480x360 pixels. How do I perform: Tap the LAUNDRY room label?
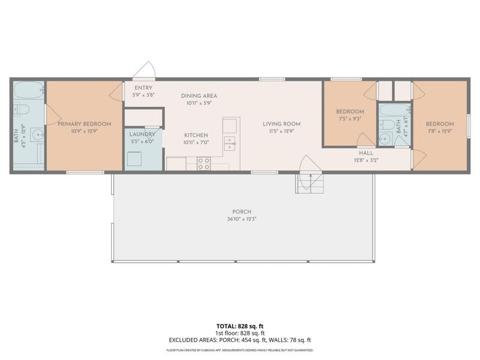click(143, 135)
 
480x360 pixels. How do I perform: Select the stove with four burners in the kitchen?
click(203, 163)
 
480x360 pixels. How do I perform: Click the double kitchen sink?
click(230, 143)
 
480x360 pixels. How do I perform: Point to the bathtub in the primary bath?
click(28, 91)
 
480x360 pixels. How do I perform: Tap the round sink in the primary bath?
click(37, 134)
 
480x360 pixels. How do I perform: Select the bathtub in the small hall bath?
click(394, 110)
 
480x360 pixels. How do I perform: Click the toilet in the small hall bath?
click(388, 125)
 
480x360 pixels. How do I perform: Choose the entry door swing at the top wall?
click(145, 70)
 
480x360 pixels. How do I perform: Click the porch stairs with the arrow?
click(310, 182)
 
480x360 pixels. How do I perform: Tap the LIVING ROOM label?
click(281, 124)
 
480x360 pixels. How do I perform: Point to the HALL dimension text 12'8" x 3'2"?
click(365, 160)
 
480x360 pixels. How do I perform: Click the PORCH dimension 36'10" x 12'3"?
click(242, 218)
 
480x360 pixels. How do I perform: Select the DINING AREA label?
click(199, 95)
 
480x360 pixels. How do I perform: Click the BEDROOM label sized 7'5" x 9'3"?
click(350, 112)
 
